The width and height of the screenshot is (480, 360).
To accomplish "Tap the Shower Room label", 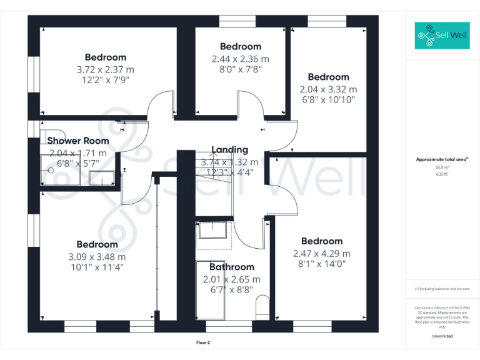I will pos(78,141).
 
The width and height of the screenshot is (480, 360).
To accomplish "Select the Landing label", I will pos(229,150).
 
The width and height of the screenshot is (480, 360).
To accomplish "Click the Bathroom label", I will pos(231,267).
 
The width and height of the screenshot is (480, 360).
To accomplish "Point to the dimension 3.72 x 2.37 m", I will pos(105,69).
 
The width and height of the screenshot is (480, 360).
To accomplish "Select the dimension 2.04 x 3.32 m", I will pos(328,89).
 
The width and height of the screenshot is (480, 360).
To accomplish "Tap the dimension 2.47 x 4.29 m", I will pos(321,253).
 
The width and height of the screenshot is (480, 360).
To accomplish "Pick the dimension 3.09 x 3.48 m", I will pos(97,256).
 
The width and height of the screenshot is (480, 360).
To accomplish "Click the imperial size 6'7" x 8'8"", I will pos(231,290).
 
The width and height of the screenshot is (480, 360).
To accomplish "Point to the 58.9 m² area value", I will pos(442,167).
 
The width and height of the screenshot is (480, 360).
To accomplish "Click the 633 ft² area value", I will pos(442,174).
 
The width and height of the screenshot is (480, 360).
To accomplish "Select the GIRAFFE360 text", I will pos(442,336).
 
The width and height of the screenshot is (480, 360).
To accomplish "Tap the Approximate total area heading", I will pos(442,160).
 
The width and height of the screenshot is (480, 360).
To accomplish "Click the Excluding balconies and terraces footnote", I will pos(442,289).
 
